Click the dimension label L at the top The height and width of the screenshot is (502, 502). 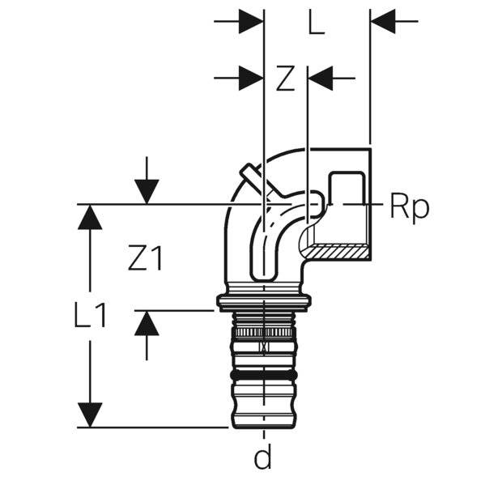317,23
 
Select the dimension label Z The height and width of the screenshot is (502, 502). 285,79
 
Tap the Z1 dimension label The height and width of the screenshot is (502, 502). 146,258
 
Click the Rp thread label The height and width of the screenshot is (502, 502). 409,207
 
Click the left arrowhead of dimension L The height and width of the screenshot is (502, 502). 251,22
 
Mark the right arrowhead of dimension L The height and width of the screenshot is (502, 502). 383,22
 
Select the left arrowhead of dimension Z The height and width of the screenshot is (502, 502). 251,79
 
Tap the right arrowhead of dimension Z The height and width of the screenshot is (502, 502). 321,79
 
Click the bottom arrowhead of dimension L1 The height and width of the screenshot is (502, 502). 90,415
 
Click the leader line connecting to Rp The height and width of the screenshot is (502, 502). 356,204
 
